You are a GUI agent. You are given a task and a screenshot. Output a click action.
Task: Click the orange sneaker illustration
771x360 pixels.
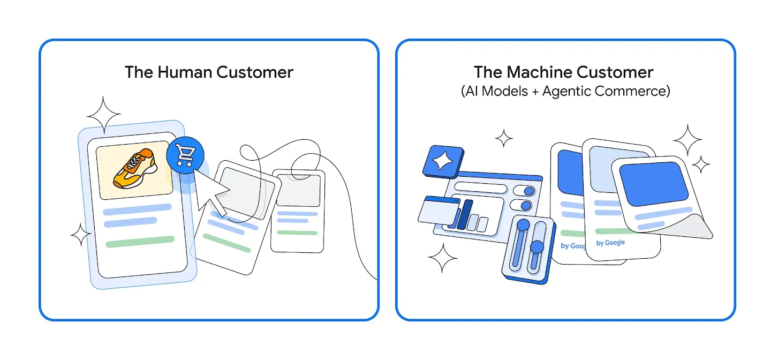pyautogui.click(x=135, y=169)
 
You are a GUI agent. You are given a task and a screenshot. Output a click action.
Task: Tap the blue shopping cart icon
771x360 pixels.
pyautogui.click(x=185, y=155)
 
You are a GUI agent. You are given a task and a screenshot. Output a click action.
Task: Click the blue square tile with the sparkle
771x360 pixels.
pyautogui.click(x=443, y=162)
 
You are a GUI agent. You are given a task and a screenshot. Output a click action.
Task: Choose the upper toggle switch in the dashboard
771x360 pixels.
pyautogui.click(x=524, y=190)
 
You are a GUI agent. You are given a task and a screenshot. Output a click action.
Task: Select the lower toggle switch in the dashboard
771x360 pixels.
pyautogui.click(x=521, y=205)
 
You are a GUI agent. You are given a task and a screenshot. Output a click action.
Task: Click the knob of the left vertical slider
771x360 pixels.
pyautogui.click(x=523, y=225)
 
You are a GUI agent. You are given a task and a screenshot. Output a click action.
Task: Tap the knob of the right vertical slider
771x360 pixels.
pyautogui.click(x=537, y=246)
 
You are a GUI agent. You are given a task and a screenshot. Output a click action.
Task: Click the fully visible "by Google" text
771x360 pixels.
pyautogui.click(x=610, y=243)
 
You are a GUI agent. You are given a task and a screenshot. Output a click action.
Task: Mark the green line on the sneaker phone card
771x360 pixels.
pyautogui.click(x=140, y=242)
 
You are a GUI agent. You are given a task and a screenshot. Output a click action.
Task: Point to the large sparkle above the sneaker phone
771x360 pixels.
pyautogui.click(x=104, y=115)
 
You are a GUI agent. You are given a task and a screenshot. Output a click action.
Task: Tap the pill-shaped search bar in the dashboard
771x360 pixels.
pyautogui.click(x=481, y=187)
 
